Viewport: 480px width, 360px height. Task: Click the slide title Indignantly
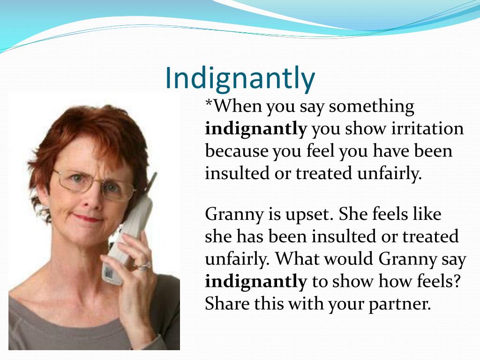240,79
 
